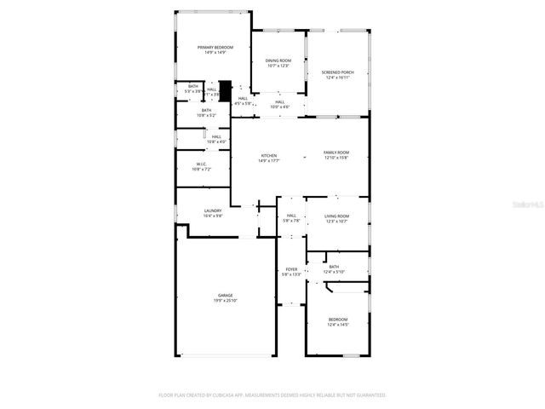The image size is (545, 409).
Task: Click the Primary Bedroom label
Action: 212,48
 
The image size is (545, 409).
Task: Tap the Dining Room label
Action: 278,60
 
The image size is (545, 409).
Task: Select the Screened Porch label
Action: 337,72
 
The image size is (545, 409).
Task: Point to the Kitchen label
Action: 269,156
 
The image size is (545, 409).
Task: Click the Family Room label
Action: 336,153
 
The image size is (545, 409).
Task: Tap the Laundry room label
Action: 213,211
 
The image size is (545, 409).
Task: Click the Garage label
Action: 225,295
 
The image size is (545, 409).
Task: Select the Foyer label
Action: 291,269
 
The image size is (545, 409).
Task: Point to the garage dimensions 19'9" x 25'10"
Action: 225,301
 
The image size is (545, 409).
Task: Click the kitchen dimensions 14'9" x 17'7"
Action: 269,161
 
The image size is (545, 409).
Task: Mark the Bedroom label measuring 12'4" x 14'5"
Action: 338,320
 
